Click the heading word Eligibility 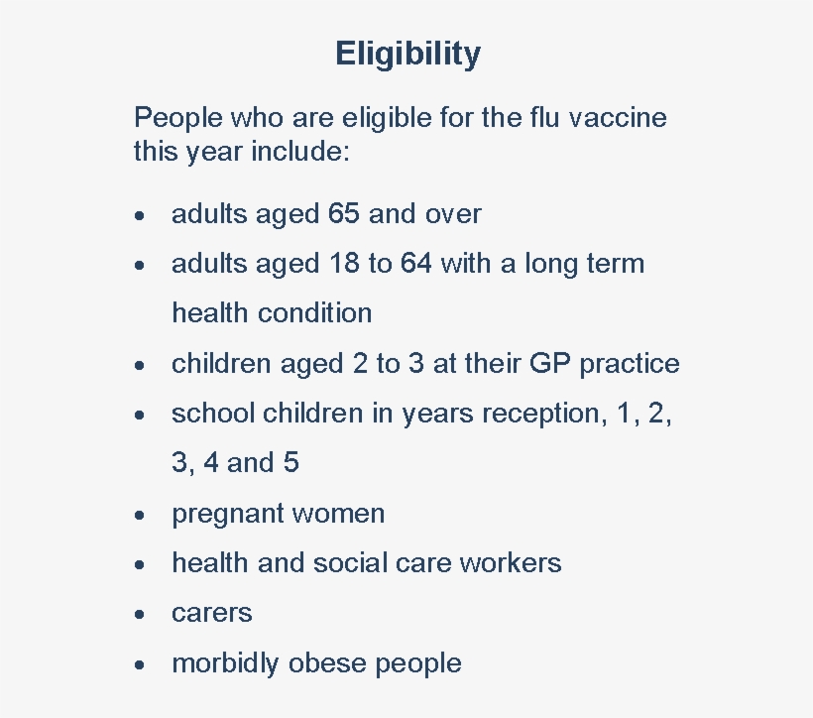[x=407, y=54]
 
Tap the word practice [x=630, y=364]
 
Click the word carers [x=212, y=613]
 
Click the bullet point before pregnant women [x=144, y=515]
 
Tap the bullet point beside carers [x=144, y=614]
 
